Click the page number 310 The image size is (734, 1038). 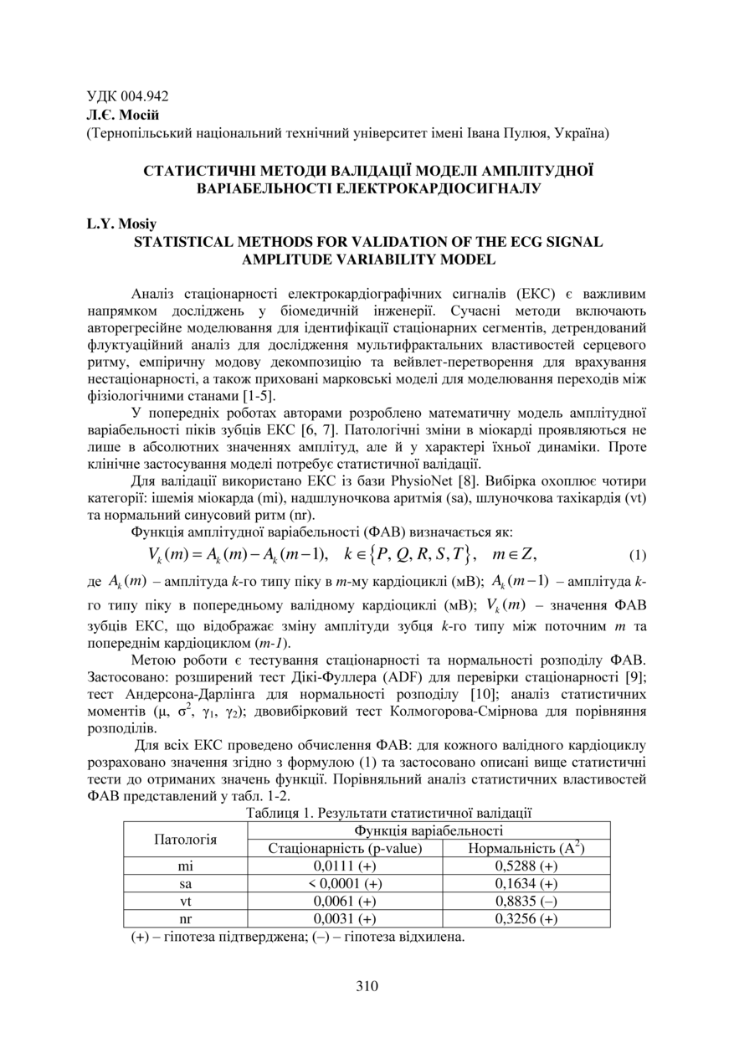tap(367, 985)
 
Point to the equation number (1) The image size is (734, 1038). tap(638, 554)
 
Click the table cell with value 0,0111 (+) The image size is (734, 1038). tap(345, 866)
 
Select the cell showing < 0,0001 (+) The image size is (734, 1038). tap(345, 883)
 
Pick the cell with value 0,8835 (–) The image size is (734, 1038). tap(526, 901)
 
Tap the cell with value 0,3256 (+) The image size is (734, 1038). tap(526, 919)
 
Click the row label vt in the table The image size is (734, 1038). tap(186, 901)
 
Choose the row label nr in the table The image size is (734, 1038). tap(186, 919)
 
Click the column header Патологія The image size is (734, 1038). tap(186, 839)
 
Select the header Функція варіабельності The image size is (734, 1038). tap(429, 830)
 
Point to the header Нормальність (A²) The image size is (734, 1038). tap(526, 848)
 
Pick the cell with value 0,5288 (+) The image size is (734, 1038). tap(526, 866)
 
